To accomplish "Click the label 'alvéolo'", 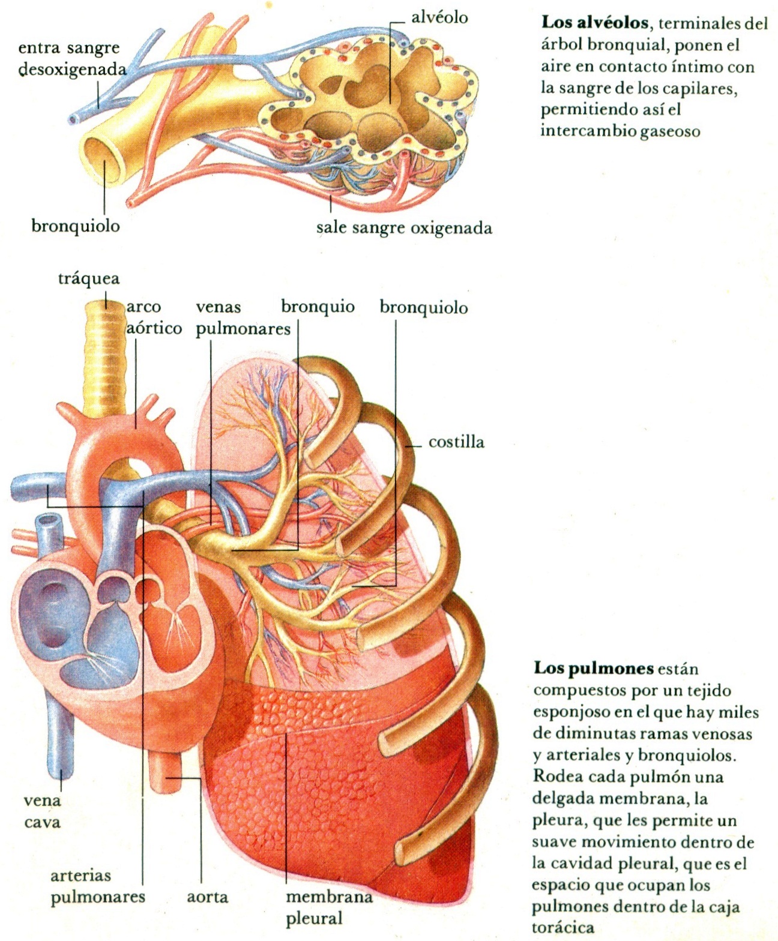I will (x=439, y=18).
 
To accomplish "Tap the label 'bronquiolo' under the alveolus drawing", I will (x=76, y=226).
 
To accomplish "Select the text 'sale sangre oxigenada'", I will (x=404, y=228).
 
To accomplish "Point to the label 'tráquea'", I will (x=89, y=278).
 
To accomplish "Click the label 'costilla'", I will (x=456, y=442).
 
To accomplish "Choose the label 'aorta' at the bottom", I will (x=207, y=897).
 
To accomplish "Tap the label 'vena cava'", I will (x=43, y=811).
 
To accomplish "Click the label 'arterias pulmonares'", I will (x=97, y=886).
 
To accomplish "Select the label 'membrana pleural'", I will (x=328, y=907).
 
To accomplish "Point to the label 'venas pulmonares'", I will (x=243, y=318).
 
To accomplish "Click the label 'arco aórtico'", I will (x=153, y=317).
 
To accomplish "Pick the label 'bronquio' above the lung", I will (x=318, y=307).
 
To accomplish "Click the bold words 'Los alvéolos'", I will (x=594, y=23).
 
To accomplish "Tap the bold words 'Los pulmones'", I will (x=593, y=669).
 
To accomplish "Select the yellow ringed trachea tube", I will (x=106, y=360).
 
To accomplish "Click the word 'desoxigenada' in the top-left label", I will (x=73, y=70).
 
